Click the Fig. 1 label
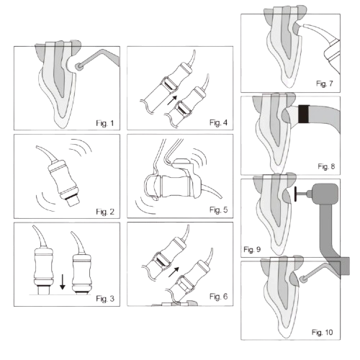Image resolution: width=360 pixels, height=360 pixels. coord(105,123)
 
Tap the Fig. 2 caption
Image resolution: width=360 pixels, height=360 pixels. coord(105,212)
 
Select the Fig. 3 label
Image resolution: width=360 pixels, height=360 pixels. coord(105,299)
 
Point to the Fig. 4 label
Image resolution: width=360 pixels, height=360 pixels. coord(218,122)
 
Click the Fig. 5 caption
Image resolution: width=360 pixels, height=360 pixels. coord(218,210)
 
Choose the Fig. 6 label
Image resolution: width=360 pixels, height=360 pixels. coord(218,297)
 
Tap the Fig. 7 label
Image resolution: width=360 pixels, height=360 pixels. coord(325,84)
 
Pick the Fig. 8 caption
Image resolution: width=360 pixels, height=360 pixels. coord(326,166)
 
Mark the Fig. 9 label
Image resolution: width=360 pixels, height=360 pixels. coord(252,250)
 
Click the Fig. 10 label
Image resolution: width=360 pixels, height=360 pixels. coord(323,333)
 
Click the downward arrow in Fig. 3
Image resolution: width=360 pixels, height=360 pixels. coord(63,282)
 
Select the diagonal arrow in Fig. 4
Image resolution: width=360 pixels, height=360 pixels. coord(172,100)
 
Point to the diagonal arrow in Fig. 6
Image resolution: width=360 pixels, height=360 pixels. coord(174,272)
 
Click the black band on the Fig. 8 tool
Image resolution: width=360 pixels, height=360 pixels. coord(304,114)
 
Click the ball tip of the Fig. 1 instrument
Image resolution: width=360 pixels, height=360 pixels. coord(78,66)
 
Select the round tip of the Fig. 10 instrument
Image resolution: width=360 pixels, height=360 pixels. coord(304,279)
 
